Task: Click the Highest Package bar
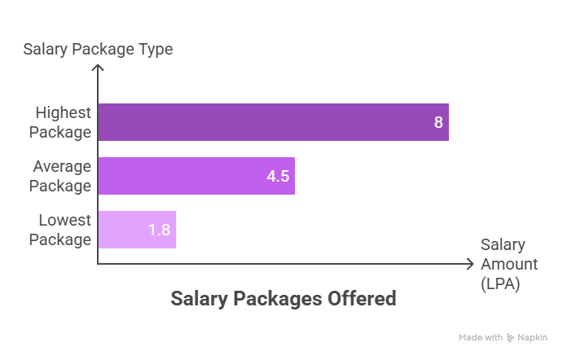(x=273, y=122)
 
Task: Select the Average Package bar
(x=196, y=176)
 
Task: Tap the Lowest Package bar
(x=137, y=230)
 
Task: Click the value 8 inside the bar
(x=438, y=123)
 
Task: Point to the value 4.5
(x=278, y=177)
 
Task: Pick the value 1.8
(x=159, y=230)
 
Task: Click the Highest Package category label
(x=62, y=122)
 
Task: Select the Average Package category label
(x=62, y=176)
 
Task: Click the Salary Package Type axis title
(x=98, y=49)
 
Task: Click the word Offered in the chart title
(x=359, y=299)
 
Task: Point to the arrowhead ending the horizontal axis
(x=469, y=264)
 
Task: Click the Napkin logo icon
(x=510, y=337)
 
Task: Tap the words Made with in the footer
(x=481, y=337)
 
